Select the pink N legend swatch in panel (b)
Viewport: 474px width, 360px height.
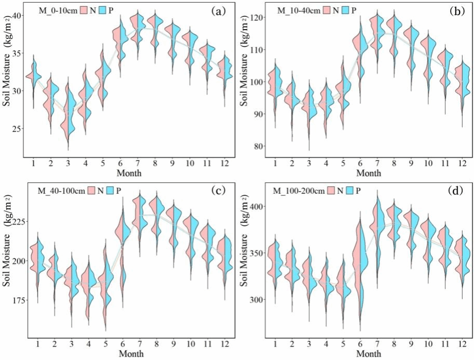[328, 10]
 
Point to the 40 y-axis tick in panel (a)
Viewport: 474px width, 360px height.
[15, 16]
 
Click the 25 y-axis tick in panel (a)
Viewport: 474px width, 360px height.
[15, 128]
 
